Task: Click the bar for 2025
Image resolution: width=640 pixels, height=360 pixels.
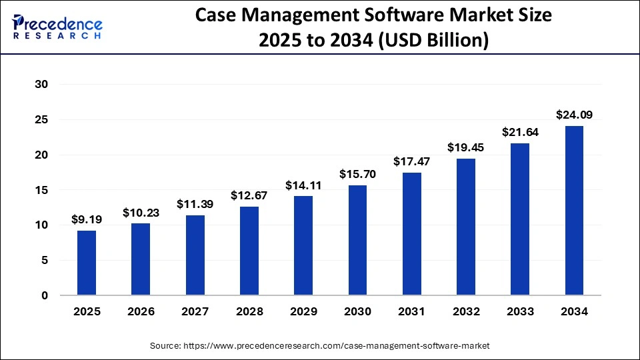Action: pyautogui.click(x=87, y=263)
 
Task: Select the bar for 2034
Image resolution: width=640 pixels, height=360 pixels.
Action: pyautogui.click(x=574, y=211)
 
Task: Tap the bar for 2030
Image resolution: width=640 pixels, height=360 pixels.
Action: pyautogui.click(x=357, y=240)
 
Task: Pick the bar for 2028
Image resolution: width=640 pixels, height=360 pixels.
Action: pyautogui.click(x=249, y=251)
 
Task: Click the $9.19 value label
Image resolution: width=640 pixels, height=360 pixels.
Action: pyautogui.click(x=87, y=219)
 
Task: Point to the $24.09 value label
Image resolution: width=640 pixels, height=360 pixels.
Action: pyautogui.click(x=574, y=115)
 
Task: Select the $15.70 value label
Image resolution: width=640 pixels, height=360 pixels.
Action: pyautogui.click(x=357, y=173)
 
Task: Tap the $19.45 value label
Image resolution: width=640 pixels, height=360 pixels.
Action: pyautogui.click(x=466, y=147)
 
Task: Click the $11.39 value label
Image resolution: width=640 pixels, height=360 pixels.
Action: pyautogui.click(x=195, y=204)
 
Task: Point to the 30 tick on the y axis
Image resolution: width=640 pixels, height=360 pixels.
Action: pyautogui.click(x=42, y=85)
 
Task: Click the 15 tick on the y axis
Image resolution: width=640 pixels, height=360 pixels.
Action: pyautogui.click(x=42, y=190)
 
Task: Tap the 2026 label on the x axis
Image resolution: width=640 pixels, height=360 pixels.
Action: pyautogui.click(x=141, y=311)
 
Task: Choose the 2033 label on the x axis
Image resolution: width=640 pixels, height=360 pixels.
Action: pyautogui.click(x=520, y=311)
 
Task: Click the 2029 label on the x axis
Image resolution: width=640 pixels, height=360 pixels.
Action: pyautogui.click(x=303, y=311)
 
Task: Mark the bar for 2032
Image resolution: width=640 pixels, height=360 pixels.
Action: pyautogui.click(x=466, y=227)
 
